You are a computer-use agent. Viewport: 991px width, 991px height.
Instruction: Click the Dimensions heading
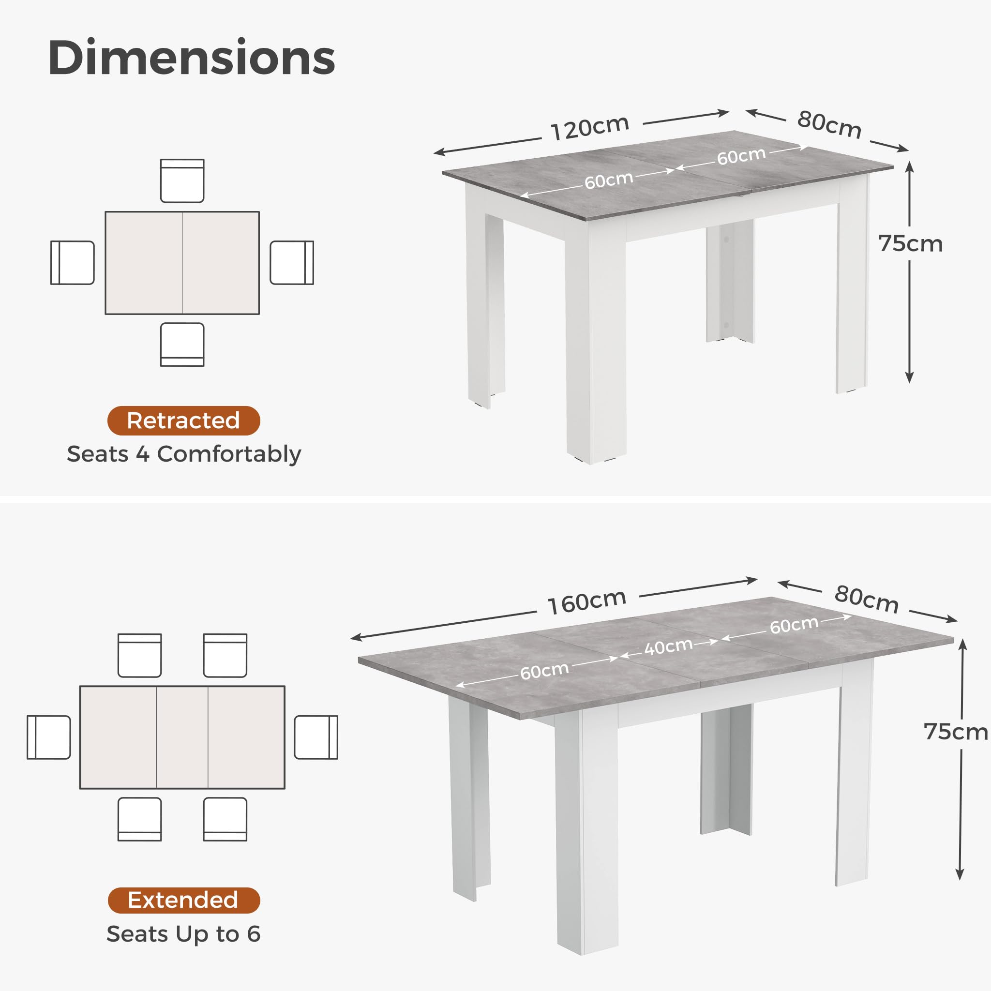click(x=191, y=58)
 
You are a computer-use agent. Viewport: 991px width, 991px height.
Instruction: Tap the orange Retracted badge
click(x=183, y=420)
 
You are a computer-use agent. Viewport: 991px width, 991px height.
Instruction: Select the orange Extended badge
click(x=183, y=900)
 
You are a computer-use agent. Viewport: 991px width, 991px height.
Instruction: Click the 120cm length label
click(x=590, y=128)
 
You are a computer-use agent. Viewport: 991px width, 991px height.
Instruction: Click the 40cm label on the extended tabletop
click(x=668, y=647)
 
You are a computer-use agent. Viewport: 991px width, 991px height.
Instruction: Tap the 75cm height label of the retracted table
click(x=911, y=244)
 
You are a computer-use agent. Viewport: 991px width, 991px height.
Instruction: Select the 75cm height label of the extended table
click(x=956, y=732)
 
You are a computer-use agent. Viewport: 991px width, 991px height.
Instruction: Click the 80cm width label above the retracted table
click(x=829, y=124)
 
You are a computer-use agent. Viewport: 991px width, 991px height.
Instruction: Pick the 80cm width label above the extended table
click(x=867, y=599)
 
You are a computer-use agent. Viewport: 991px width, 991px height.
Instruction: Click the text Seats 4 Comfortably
click(x=183, y=454)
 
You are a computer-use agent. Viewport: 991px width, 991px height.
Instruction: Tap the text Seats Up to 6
click(x=183, y=934)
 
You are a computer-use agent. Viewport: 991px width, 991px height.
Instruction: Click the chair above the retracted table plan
click(x=182, y=180)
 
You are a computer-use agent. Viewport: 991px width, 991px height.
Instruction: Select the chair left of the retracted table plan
click(x=72, y=263)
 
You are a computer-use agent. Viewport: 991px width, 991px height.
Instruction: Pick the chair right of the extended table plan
click(x=316, y=737)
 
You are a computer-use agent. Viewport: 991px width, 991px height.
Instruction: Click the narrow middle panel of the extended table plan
click(x=182, y=737)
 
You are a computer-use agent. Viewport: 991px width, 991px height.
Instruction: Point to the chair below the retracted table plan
click(x=182, y=344)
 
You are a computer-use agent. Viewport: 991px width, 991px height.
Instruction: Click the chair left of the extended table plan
click(x=49, y=737)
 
